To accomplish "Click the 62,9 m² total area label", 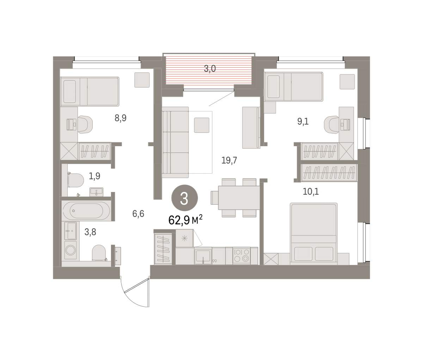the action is point(185,220).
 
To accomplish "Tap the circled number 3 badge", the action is point(184,198).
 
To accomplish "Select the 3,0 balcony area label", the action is point(210,69).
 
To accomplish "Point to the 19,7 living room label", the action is point(229,160).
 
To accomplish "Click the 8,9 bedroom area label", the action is point(121,118).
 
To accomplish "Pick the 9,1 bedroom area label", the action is point(303,122).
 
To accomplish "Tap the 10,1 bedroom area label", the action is point(311,192).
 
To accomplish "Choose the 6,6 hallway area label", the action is point(138,214).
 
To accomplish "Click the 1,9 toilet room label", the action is point(94,176).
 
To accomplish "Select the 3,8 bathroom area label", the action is point(90,232).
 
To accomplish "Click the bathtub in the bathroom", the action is point(86,211).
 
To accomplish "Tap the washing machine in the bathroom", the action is point(70,250).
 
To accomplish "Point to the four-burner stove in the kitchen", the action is point(242,255).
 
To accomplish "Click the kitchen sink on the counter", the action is point(203,255).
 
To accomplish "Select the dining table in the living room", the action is point(239,198).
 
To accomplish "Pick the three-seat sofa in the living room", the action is point(175,142).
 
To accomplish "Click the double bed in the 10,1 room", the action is point(313,234).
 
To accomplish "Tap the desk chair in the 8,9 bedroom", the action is point(85,125).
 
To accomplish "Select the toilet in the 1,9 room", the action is point(76,180).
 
